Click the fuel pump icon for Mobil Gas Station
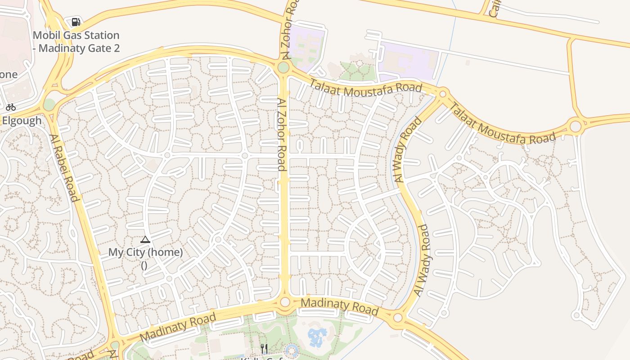pyautogui.click(x=76, y=22)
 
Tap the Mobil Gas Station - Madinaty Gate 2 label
pyautogui.click(x=76, y=41)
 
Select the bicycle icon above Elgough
pyautogui.click(x=11, y=107)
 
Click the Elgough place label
pyautogui.click(x=22, y=121)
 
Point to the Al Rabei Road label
pyautogui.click(x=64, y=168)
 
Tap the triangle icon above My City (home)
pyautogui.click(x=145, y=239)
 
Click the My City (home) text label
pyautogui.click(x=145, y=252)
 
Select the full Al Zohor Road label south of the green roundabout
pyautogui.click(x=282, y=135)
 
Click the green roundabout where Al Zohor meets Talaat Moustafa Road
pyautogui.click(x=283, y=67)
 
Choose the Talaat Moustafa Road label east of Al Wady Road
pyautogui.click(x=503, y=125)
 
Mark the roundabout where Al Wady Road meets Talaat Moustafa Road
pyautogui.click(x=442, y=94)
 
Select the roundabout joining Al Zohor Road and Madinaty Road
pyautogui.click(x=285, y=302)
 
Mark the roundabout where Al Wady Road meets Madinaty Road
pyautogui.click(x=397, y=318)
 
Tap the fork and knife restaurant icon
pyautogui.click(x=265, y=349)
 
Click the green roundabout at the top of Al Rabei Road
pyautogui.click(x=49, y=104)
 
